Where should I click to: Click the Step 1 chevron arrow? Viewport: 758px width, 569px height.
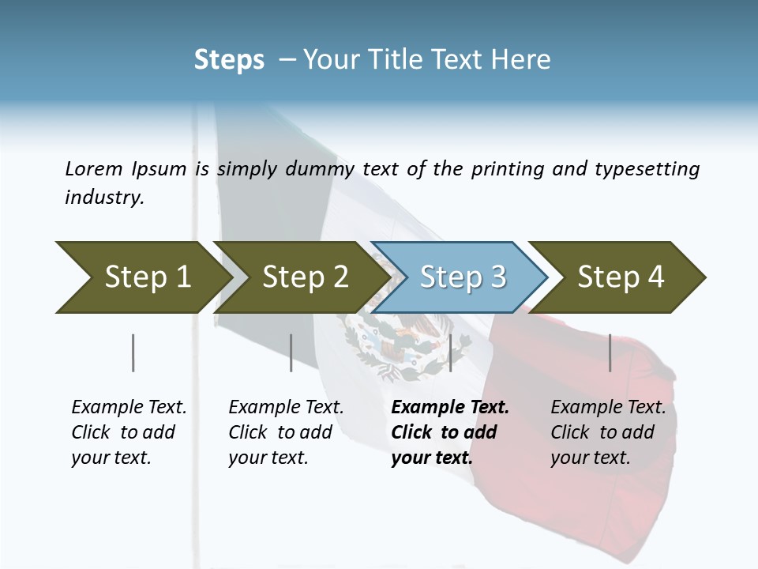(x=142, y=277)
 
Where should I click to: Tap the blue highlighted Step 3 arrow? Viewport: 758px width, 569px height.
(x=462, y=277)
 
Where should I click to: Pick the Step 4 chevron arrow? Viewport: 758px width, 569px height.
(x=621, y=277)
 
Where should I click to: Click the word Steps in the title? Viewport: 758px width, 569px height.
(x=229, y=60)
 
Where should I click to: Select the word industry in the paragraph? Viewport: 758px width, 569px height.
(x=104, y=198)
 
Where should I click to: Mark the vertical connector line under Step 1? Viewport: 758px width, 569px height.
(x=133, y=352)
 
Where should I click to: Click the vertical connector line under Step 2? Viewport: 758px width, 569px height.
(x=291, y=352)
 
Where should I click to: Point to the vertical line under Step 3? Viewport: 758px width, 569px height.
(x=450, y=352)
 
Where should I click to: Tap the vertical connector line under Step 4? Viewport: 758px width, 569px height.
(x=610, y=352)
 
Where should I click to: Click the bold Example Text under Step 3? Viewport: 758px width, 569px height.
(x=450, y=408)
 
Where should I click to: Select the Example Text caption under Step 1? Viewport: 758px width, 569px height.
(x=129, y=408)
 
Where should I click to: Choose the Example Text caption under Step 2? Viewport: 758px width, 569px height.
(x=286, y=408)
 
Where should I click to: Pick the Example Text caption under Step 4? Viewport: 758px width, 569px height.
(x=608, y=408)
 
